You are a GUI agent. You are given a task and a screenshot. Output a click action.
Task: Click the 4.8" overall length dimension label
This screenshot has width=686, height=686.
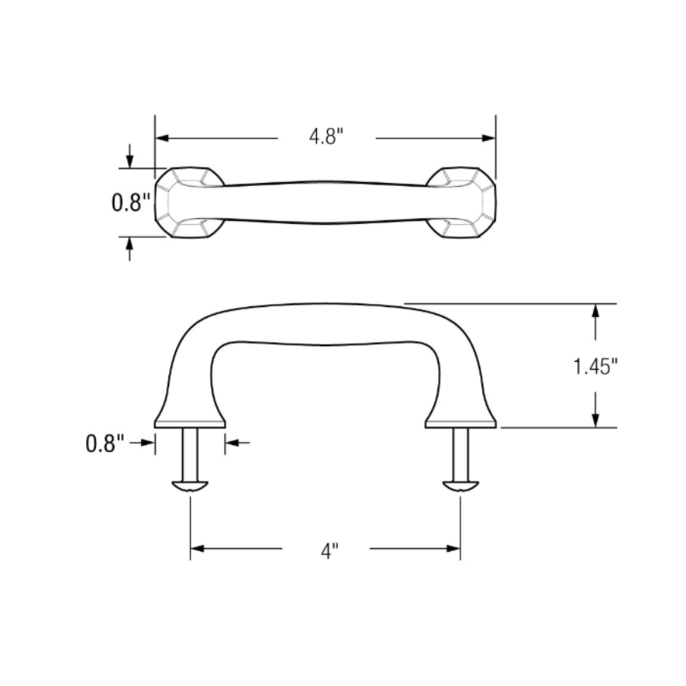point(326,138)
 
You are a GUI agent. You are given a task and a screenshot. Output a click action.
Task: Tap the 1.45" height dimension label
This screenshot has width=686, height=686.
point(595,367)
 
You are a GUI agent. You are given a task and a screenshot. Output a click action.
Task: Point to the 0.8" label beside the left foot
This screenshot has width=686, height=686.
point(104,444)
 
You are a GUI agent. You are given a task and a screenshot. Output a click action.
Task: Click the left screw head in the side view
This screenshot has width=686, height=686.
point(190,486)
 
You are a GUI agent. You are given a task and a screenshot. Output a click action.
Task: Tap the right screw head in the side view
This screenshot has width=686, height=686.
point(460,486)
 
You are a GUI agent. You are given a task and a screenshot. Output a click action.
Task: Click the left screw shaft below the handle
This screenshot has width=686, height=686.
point(190,454)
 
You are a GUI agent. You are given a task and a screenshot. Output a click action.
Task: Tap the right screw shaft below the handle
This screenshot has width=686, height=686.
point(460,454)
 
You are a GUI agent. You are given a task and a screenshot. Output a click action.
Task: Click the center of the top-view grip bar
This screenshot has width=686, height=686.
point(325,202)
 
